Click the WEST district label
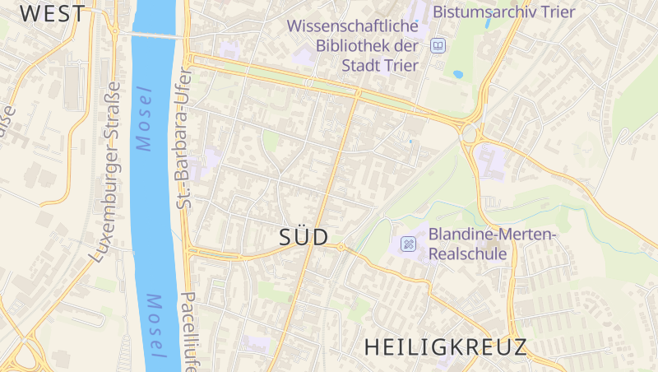click(53, 13)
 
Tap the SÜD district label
click(304, 237)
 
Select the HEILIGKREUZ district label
click(445, 346)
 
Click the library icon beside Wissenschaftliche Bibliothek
click(438, 46)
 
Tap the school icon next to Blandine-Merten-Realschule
click(408, 244)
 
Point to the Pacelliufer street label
click(188, 329)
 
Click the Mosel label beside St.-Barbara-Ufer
click(145, 119)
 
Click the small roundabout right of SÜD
click(341, 247)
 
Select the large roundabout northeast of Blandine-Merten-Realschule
click(470, 133)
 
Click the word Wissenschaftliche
click(353, 26)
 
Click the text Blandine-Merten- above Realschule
click(493, 235)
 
